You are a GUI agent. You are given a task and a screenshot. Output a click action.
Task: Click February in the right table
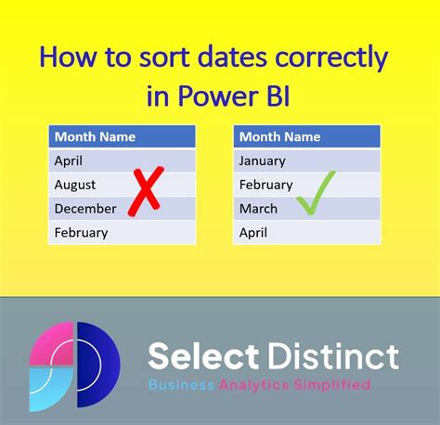266,184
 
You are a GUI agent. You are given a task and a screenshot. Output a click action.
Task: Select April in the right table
254,232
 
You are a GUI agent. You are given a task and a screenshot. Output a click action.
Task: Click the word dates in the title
221,58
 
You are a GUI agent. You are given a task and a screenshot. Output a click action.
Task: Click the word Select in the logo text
204,355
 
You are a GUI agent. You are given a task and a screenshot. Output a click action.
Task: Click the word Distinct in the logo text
334,355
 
